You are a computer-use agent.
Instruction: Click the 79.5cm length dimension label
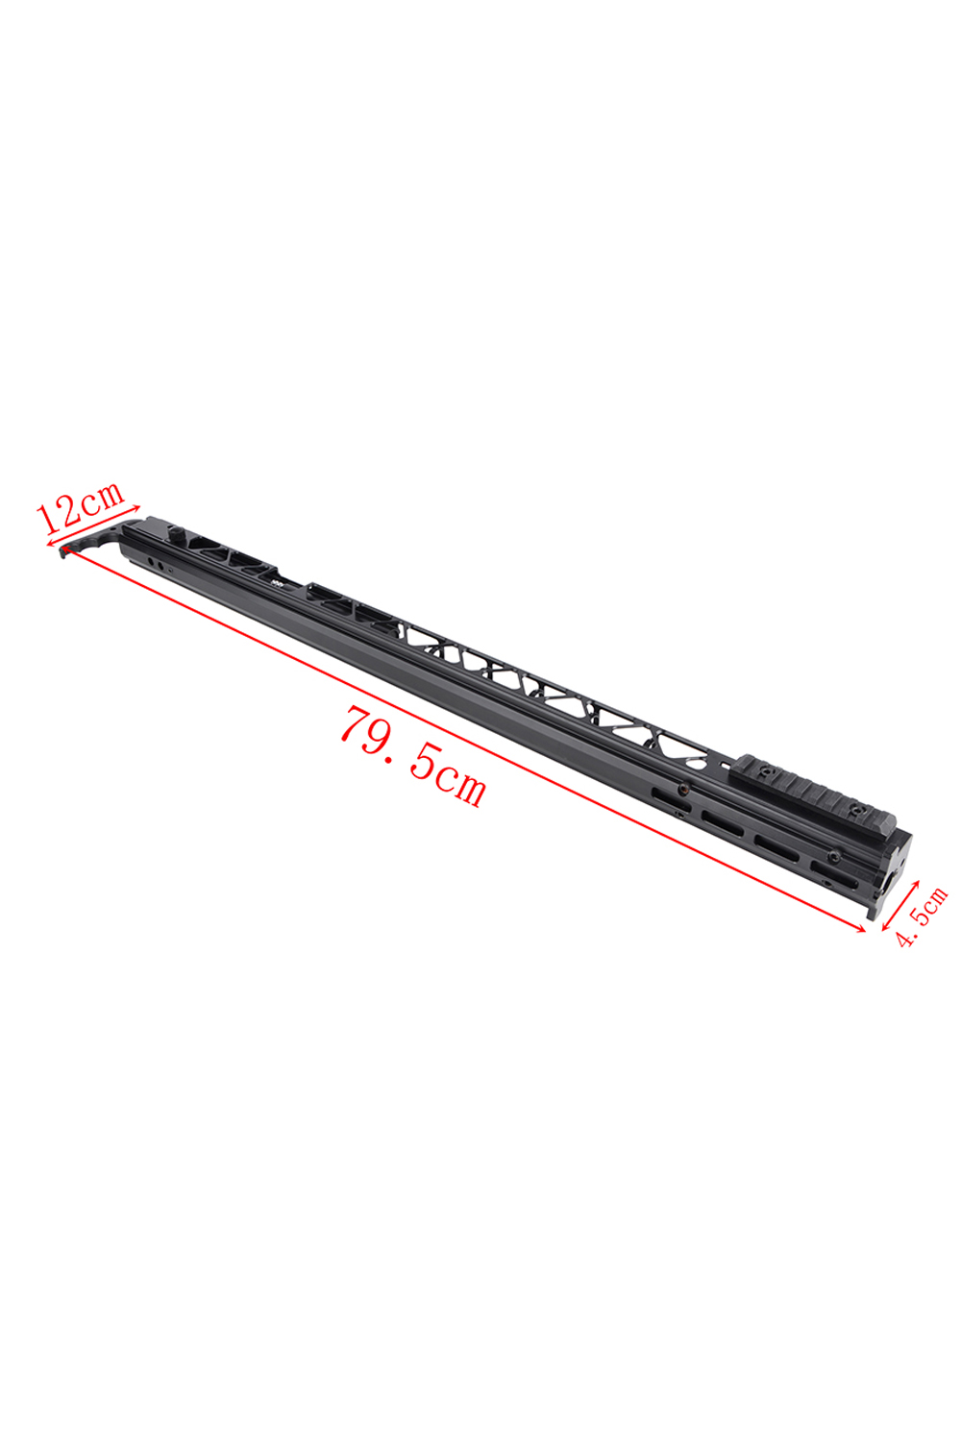pyautogui.click(x=412, y=755)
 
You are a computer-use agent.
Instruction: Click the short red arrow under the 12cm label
pyautogui.click(x=94, y=525)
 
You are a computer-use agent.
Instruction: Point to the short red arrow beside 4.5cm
pyautogui.click(x=899, y=905)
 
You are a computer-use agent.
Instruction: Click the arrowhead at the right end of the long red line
pyautogui.click(x=861, y=928)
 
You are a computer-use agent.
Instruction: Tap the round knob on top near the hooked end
pyautogui.click(x=176, y=534)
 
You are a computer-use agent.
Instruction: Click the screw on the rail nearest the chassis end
pyautogui.click(x=856, y=808)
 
